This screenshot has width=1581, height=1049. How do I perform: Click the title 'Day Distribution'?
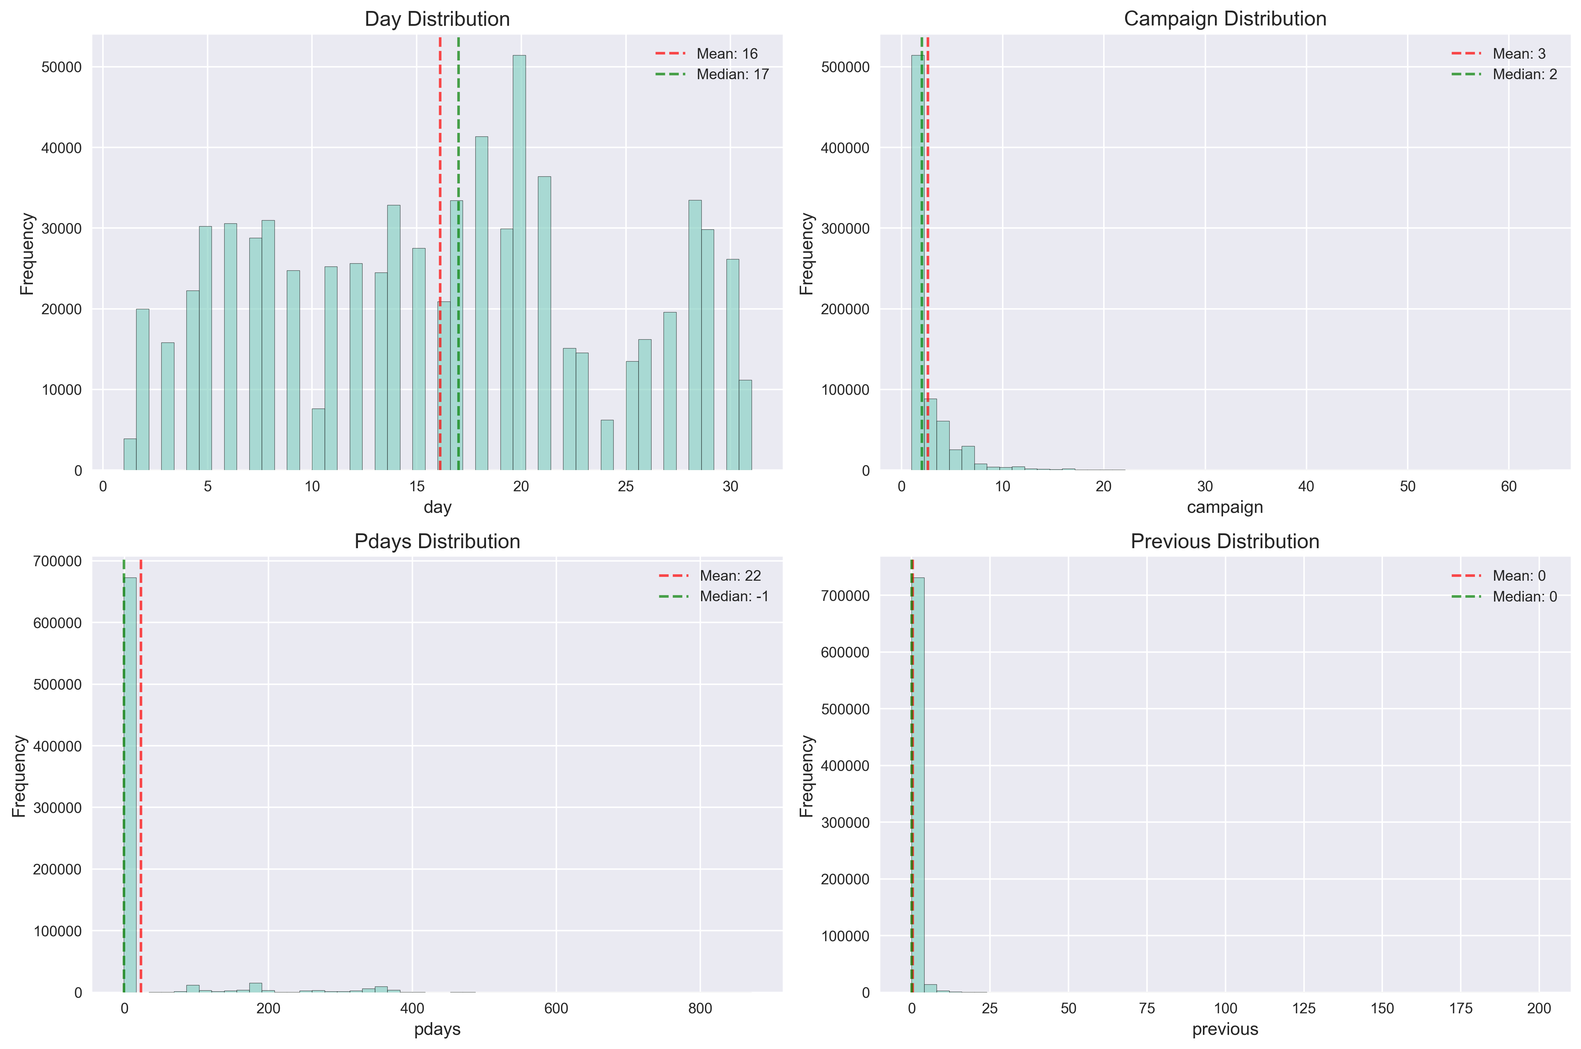point(437,19)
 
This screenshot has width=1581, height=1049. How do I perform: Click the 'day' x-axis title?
point(437,507)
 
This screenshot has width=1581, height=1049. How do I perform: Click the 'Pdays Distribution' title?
point(437,541)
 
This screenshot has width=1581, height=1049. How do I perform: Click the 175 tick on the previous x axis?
point(1460,1009)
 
